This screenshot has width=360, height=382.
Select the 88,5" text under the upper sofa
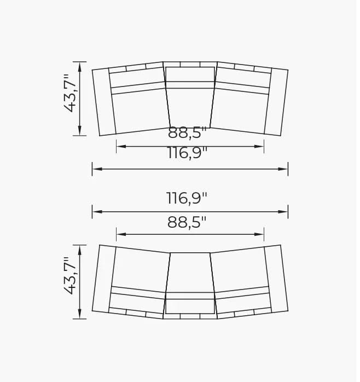click(187, 133)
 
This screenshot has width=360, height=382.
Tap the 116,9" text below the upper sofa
click(187, 153)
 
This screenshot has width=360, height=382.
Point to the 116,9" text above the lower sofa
click(187, 198)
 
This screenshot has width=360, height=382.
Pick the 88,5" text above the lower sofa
click(187, 222)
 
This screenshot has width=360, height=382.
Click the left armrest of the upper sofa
click(104, 102)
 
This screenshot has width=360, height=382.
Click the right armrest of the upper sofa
click(276, 102)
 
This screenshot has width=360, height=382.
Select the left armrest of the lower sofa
click(104, 279)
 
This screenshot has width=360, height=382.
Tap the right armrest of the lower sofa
click(276, 279)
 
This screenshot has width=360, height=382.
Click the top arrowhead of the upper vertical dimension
click(80, 66)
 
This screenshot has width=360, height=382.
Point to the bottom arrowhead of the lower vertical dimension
click(80, 314)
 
